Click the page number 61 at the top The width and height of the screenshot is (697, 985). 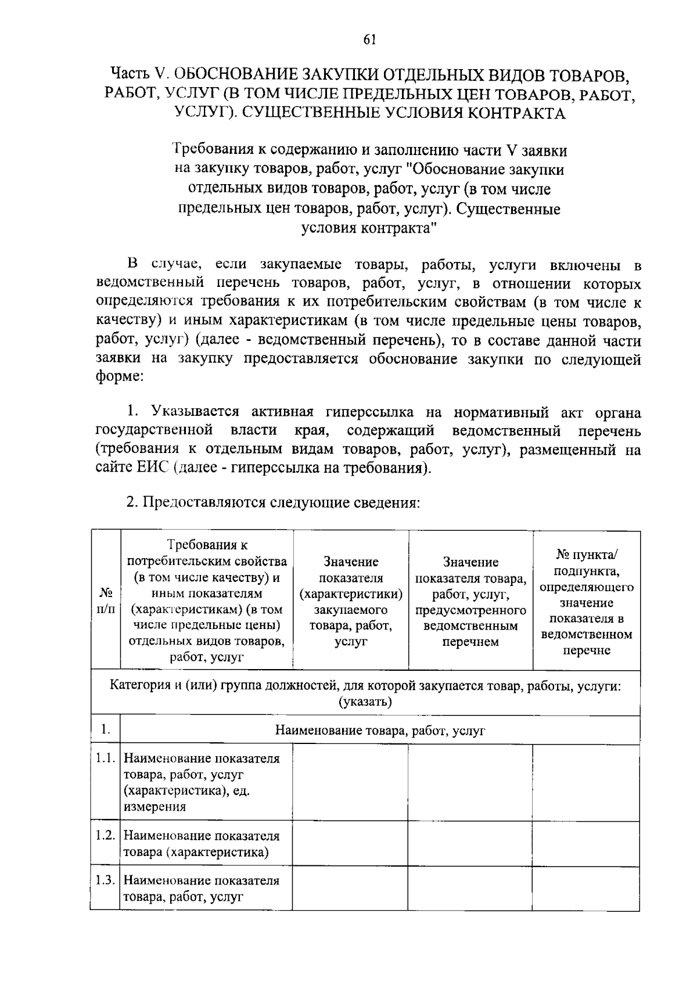pos(370,39)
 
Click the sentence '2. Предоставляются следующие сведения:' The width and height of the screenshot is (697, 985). pos(273,502)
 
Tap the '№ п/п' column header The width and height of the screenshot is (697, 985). pos(105,601)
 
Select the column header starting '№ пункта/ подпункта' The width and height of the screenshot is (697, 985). pos(587,601)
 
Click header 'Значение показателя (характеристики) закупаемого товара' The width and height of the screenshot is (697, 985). pos(351,601)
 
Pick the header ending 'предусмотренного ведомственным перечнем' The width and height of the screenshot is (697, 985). pos(470,601)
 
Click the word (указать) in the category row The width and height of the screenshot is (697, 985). pos(365,702)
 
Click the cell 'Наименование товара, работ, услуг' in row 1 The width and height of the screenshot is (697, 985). pos(379,731)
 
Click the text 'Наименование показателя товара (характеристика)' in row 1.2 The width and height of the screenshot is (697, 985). pos(201,844)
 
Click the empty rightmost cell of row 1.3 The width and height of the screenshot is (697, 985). pos(586,888)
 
